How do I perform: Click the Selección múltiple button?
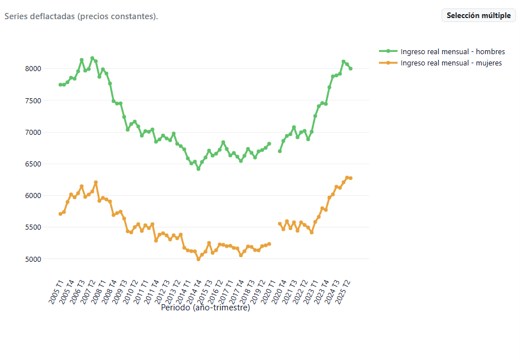(478, 15)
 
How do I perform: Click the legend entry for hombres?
(442, 51)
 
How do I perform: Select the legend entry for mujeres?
(440, 63)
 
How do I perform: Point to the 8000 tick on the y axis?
(33, 69)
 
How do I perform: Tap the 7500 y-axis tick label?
(33, 100)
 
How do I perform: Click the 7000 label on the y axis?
(33, 133)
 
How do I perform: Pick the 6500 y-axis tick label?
(33, 164)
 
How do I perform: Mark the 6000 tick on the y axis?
(33, 196)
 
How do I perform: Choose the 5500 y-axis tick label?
(33, 227)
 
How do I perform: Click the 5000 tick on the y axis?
(33, 259)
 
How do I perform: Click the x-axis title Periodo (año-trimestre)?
(205, 308)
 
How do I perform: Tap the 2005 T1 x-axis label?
(56, 292)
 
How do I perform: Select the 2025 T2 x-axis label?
(342, 292)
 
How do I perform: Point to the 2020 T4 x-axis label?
(279, 292)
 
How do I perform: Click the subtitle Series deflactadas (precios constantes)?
(81, 16)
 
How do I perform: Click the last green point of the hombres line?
(351, 68)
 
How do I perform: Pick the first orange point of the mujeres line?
(60, 214)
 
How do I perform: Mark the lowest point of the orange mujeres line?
(199, 259)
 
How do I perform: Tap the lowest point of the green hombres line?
(199, 169)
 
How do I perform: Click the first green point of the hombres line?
(60, 85)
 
